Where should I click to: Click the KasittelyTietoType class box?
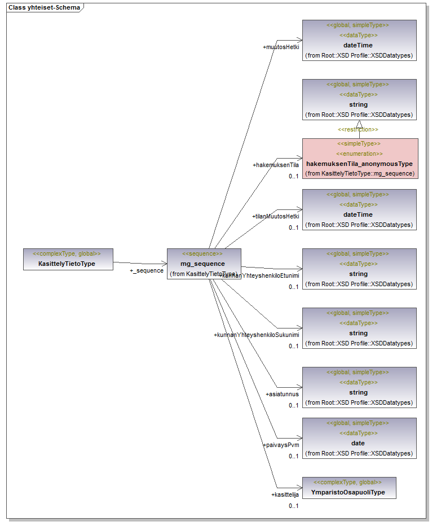(68, 259)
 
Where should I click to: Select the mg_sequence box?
(204, 264)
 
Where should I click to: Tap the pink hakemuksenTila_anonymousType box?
(360, 158)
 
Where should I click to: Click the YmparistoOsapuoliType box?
(349, 488)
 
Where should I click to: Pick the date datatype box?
(359, 438)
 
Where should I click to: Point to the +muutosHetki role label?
(281, 47)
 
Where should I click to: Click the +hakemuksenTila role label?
(275, 165)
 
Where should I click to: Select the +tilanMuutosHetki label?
(275, 217)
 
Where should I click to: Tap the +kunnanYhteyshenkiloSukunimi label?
(257, 335)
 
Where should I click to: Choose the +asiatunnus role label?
(282, 395)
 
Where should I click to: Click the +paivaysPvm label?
(281, 445)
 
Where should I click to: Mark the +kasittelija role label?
(285, 495)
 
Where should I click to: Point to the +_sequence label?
(147, 271)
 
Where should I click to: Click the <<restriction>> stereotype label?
(358, 130)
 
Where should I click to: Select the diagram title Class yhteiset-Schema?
(43, 8)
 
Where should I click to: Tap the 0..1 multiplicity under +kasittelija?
(293, 506)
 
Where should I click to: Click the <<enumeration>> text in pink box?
(359, 154)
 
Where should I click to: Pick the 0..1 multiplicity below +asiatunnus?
(293, 405)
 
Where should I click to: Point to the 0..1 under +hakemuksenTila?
(293, 176)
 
